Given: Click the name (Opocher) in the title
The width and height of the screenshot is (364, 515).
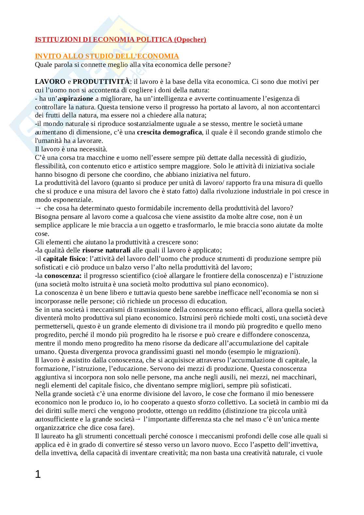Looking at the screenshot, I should coord(190,39).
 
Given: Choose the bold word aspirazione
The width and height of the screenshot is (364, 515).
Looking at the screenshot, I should coord(75,98).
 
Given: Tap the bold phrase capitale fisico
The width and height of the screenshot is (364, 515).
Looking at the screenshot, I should coord(64,259).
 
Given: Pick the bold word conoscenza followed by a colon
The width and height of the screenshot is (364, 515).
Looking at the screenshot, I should coord(63,276).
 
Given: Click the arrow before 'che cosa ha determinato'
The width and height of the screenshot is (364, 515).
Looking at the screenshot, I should coord(38,208).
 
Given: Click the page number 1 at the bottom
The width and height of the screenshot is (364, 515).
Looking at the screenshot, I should coord(38,474).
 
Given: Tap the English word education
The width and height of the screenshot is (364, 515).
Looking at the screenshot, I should coord(211,301).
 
